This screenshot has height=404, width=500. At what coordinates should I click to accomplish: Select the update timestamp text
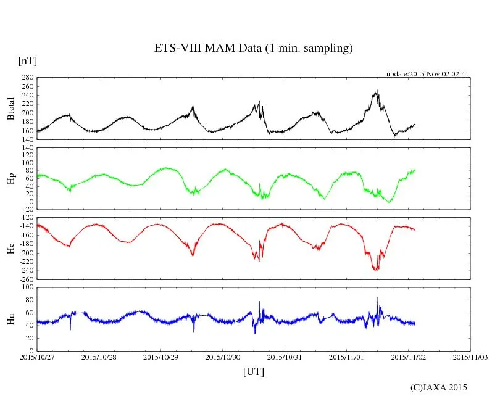(428, 73)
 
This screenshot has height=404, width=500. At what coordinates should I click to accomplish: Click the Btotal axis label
(10, 109)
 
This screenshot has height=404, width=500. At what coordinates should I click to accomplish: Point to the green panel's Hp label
(10, 179)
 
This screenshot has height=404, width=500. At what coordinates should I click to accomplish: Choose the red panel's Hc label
(10, 249)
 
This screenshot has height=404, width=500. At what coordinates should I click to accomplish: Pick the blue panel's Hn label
(10, 319)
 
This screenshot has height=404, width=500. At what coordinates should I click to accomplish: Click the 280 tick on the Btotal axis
(27, 78)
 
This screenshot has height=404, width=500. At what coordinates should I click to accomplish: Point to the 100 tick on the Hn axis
(27, 287)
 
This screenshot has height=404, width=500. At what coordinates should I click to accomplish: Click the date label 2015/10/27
(36, 357)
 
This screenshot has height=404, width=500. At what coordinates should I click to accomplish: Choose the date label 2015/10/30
(223, 357)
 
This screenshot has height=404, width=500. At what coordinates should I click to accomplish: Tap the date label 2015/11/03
(471, 357)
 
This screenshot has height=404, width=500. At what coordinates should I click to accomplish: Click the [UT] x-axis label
(254, 371)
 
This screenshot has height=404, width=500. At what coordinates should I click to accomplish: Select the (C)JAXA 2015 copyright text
(439, 387)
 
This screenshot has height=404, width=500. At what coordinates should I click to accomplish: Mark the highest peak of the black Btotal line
(377, 91)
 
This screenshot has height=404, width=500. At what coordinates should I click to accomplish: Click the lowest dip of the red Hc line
(376, 270)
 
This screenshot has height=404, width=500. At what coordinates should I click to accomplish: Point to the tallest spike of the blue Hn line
(377, 297)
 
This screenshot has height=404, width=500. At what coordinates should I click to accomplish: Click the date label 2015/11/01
(347, 357)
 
